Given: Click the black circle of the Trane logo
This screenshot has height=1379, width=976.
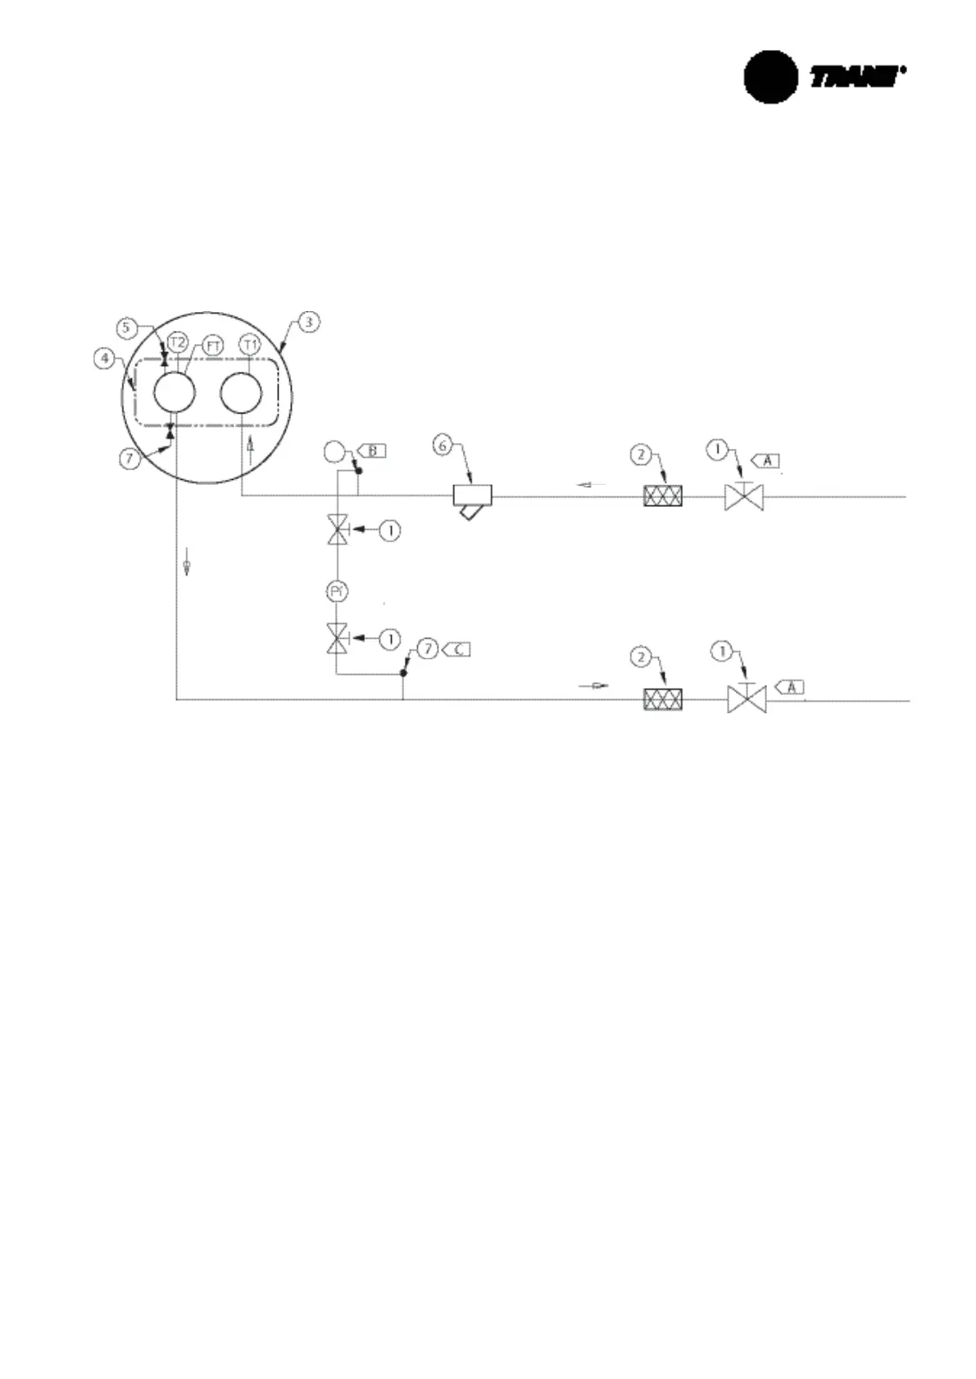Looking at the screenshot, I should click(x=770, y=77).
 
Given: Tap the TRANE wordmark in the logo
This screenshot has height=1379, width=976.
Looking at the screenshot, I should click(x=856, y=77).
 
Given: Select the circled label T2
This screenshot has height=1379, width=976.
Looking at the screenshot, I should click(x=177, y=342).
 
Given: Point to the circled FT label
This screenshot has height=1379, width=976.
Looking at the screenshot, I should click(x=213, y=346).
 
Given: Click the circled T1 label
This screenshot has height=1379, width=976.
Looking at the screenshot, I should click(x=250, y=344).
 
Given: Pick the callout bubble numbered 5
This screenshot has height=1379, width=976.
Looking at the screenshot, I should click(x=125, y=328).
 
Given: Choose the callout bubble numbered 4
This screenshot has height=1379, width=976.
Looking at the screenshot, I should click(x=104, y=358).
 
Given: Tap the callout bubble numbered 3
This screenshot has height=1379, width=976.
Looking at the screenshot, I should click(x=308, y=322).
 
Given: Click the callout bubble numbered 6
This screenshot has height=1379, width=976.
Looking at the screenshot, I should click(x=443, y=445).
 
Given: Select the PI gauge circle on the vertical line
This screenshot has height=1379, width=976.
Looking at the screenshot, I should click(x=337, y=591).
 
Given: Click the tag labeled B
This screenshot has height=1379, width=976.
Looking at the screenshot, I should click(x=371, y=450).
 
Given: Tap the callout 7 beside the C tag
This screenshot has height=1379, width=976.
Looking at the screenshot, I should click(x=427, y=649).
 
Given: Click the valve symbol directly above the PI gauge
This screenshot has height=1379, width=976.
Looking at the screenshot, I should click(x=337, y=531).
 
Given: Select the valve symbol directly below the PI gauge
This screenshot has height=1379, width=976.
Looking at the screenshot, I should click(x=337, y=638).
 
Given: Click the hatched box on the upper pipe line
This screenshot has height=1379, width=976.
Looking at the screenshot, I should click(x=663, y=496).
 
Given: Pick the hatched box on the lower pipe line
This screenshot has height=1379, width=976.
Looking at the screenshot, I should click(x=663, y=700).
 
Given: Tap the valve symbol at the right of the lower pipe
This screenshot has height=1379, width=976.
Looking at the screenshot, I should click(x=747, y=700).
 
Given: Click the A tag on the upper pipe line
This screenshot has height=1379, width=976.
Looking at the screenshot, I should click(x=767, y=461).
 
